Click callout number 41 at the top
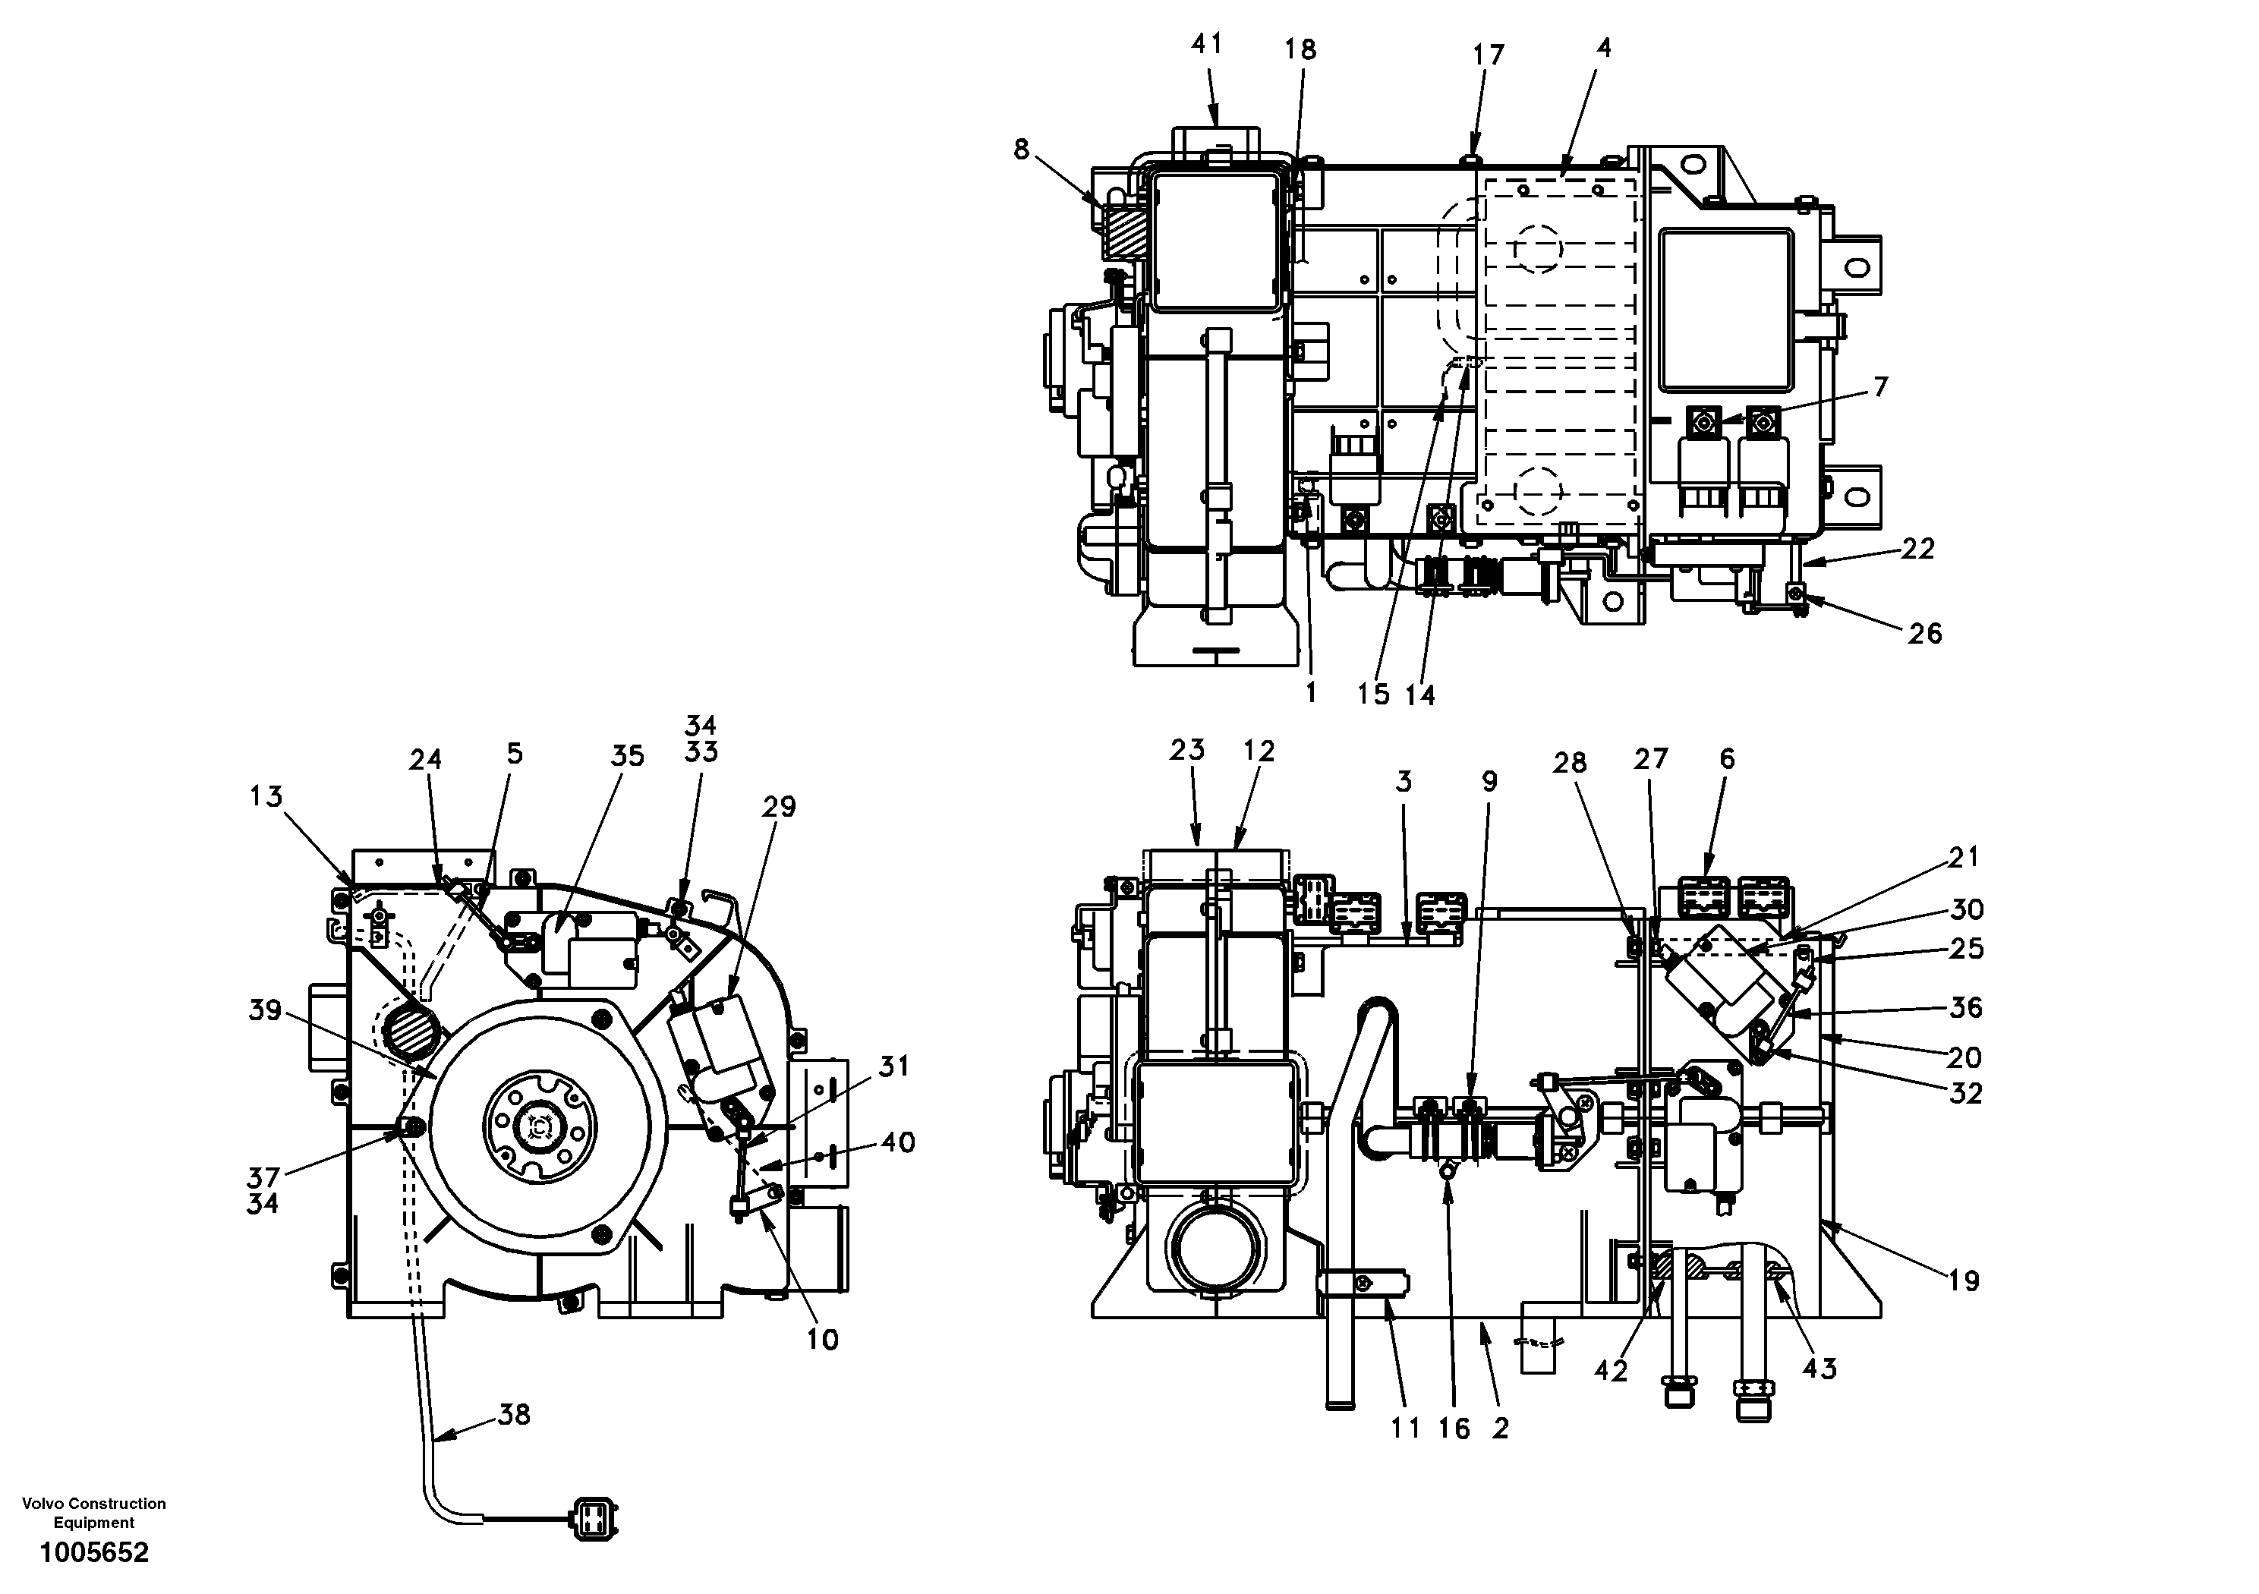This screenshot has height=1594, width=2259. coord(1206,44)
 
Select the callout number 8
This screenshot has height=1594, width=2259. coord(1021,150)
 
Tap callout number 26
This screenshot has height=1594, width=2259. coord(1924,634)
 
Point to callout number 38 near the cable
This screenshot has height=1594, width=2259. coord(515,1415)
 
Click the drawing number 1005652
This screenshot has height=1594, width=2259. coord(93,1554)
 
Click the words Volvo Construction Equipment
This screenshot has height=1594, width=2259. coord(93,1512)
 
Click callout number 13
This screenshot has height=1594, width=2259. coord(266,796)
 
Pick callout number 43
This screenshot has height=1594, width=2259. coord(1819,1369)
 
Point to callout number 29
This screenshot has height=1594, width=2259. coord(778,807)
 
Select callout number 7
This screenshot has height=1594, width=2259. coord(1880,386)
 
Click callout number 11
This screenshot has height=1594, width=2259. coord(1405,1428)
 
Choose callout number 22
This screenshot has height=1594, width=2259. coord(1917,548)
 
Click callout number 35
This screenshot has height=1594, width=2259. coord(627,756)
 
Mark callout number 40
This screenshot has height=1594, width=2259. coord(897,1142)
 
